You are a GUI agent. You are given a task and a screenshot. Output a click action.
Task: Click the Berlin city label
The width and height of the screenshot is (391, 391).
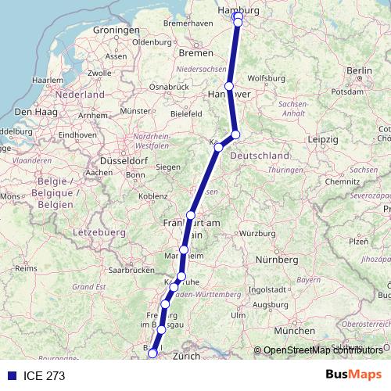click(360, 70)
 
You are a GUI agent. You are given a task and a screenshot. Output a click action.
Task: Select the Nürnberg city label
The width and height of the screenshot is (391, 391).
click(278, 259)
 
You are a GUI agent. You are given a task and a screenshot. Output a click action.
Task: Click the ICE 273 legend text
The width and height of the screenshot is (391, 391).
click(45, 376)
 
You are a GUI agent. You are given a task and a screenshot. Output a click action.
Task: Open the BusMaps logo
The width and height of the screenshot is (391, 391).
click(353, 375)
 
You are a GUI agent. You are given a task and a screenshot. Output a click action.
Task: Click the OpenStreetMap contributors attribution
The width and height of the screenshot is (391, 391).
click(321, 350)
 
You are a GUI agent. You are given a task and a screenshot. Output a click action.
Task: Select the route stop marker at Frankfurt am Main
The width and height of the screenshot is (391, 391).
click(191, 215)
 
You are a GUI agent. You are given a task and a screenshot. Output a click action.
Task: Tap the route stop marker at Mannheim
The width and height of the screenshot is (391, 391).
click(184, 250)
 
